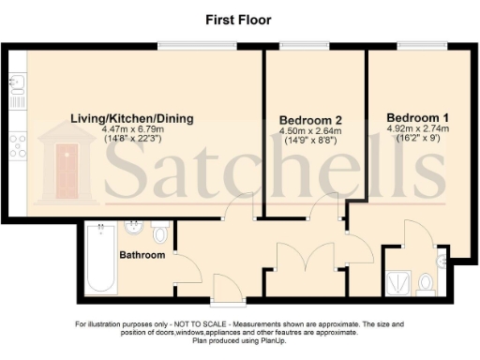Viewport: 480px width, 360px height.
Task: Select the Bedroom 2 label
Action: [309, 120]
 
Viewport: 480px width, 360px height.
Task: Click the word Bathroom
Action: [142, 255]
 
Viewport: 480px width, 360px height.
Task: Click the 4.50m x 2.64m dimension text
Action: [309, 132]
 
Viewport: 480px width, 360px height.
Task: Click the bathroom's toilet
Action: [160, 231]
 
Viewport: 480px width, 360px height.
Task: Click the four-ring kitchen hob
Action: [16, 142]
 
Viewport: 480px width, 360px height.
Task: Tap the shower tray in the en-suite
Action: [397, 278]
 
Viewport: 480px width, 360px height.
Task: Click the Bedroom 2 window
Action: [302, 46]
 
